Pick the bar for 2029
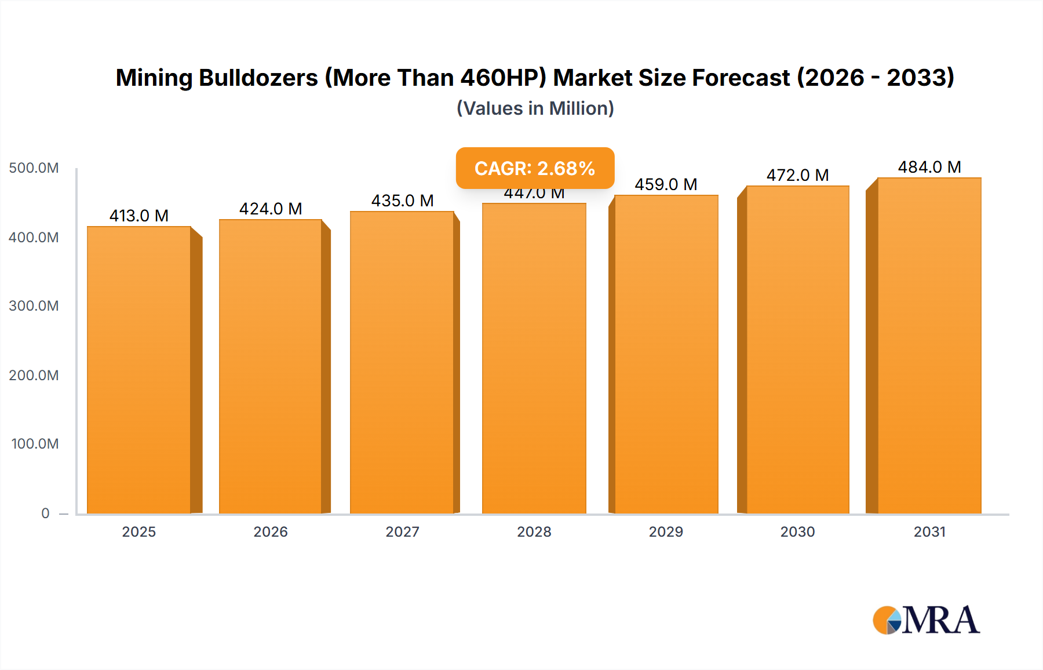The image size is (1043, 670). pos(666,354)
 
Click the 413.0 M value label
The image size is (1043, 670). pos(139,216)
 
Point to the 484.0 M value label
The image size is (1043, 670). pos(929,167)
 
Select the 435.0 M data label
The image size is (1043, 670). pos(402,201)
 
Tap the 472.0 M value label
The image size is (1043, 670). pos(797,175)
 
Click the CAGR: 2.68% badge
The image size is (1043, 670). pos(535,168)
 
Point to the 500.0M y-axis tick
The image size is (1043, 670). pos(34,168)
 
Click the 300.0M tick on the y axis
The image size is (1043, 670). pos(34,306)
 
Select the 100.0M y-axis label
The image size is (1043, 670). pos(35,444)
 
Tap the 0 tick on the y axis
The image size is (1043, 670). pos(45,514)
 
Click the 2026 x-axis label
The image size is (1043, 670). pos(271,532)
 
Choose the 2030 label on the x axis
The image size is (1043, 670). pos(797,532)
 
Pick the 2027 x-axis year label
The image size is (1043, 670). pos(402,532)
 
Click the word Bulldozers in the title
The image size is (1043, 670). pos(258,78)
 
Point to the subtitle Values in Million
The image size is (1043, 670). pos(535,108)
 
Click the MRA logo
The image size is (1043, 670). pos(926,620)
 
